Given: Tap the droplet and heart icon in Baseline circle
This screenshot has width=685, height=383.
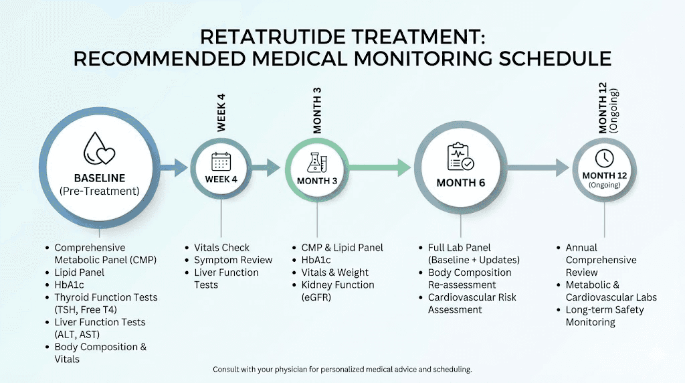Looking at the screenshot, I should [x=99, y=148].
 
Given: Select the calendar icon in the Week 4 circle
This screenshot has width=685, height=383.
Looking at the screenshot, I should [x=221, y=161].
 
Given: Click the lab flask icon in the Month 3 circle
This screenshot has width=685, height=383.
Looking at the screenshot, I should [x=317, y=161].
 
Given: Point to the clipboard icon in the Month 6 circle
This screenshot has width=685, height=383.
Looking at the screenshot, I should [x=460, y=157].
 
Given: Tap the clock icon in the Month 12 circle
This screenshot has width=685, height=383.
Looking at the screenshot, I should [x=604, y=158].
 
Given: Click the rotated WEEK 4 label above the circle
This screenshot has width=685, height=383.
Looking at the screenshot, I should [x=221, y=112].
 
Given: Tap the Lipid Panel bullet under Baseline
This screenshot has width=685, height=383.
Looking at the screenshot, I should [x=79, y=273].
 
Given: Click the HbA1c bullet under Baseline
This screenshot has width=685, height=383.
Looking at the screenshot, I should [x=70, y=285].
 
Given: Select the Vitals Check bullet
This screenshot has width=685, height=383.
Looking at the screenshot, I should [x=221, y=248].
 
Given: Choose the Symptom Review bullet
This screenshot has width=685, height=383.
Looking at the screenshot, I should [x=233, y=260].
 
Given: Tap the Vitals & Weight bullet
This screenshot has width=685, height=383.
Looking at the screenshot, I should [x=334, y=273].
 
